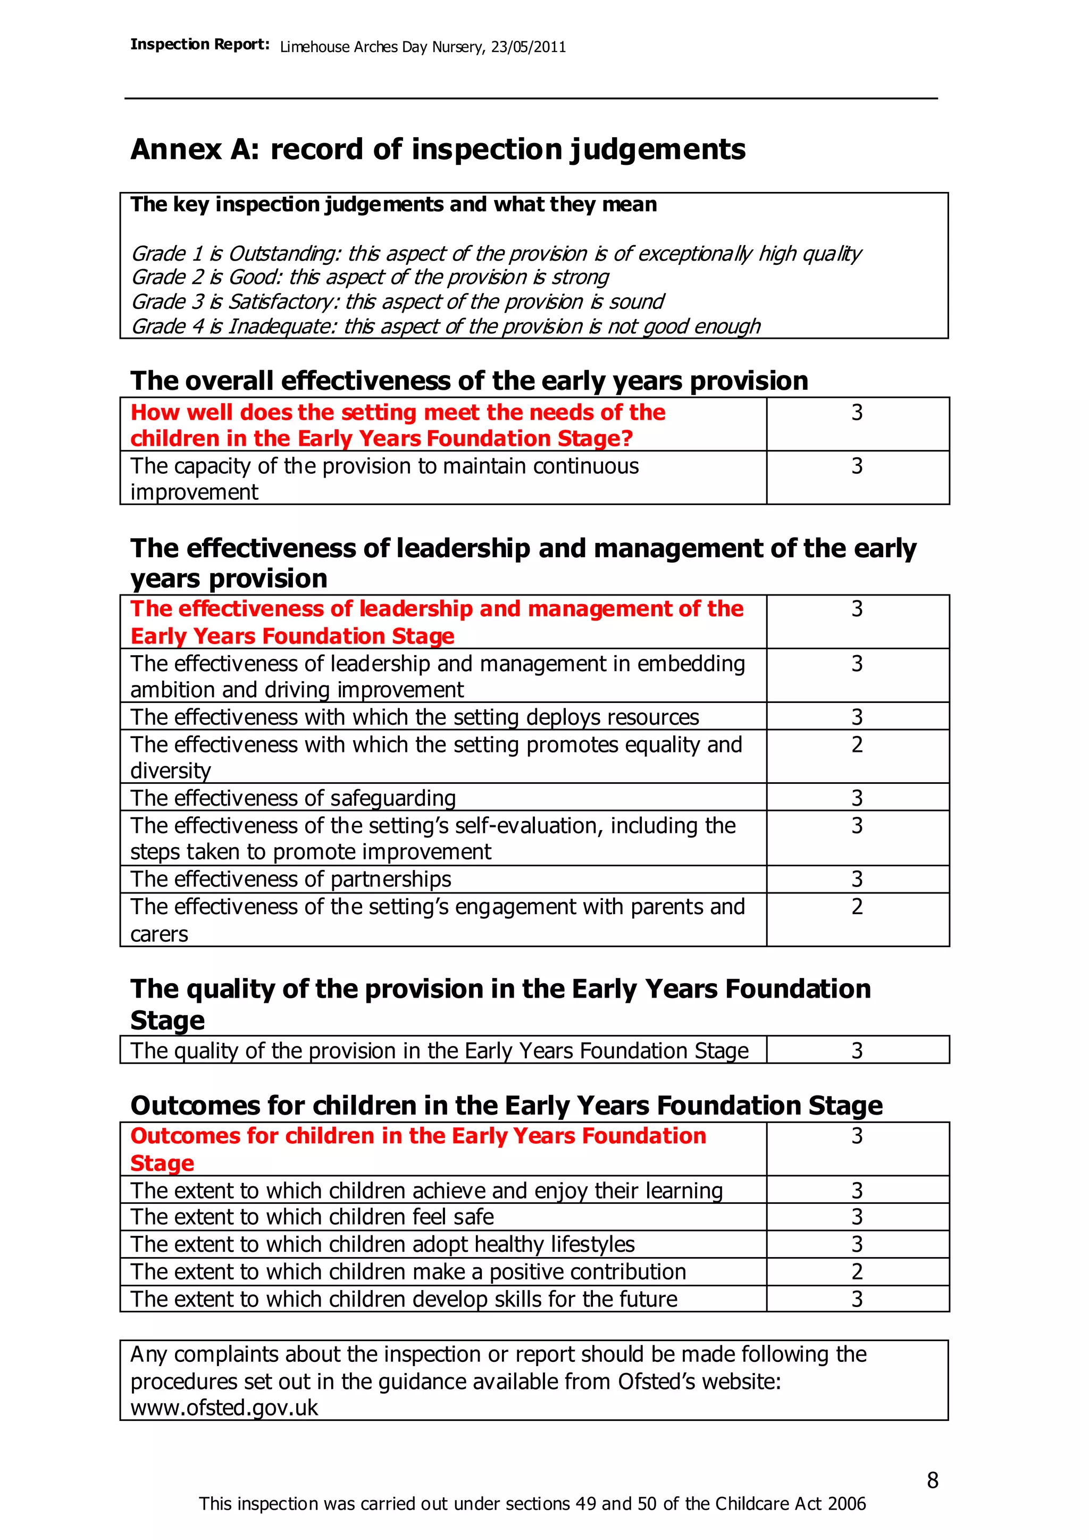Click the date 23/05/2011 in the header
pyautogui.click(x=529, y=47)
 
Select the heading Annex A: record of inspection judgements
pyautogui.click(x=438, y=149)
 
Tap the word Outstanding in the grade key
pyautogui.click(x=283, y=254)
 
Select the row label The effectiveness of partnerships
pyautogui.click(x=290, y=880)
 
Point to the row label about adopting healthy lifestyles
pyautogui.click(x=382, y=1244)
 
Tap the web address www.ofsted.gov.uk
pyautogui.click(x=224, y=1408)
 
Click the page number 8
pyautogui.click(x=932, y=1480)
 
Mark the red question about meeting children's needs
pyautogui.click(x=398, y=425)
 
